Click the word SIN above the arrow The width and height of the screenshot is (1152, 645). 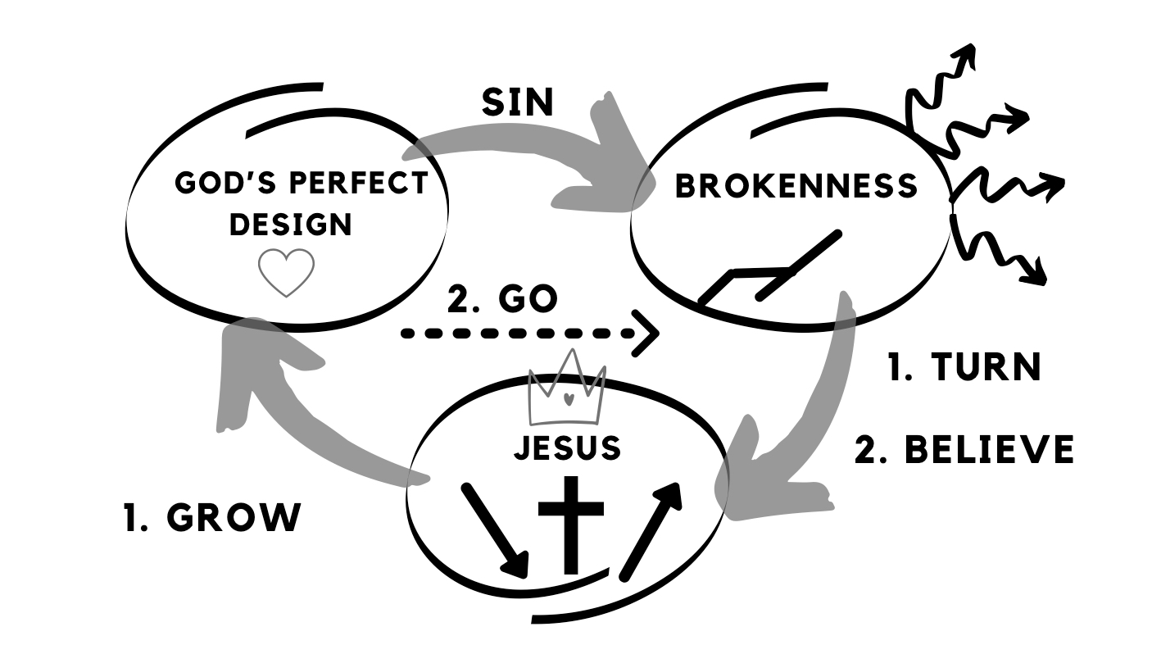pos(517,102)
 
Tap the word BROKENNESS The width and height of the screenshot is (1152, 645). pos(796,186)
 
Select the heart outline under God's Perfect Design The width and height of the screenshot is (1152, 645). pos(286,273)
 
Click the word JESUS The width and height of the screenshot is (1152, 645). pos(566,448)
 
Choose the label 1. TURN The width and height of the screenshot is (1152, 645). pos(964,367)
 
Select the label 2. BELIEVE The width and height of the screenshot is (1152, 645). pos(964,450)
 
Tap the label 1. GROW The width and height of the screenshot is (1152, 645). pos(212,518)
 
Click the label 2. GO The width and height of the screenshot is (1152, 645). pos(502,300)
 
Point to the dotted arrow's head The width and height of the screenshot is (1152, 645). pos(648,334)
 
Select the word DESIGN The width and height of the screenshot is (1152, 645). pos(291,224)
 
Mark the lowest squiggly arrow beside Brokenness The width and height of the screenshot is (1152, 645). pos(1004,254)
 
